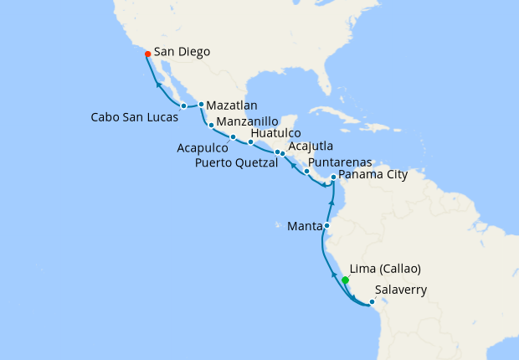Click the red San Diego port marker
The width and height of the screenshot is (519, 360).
tap(147, 54)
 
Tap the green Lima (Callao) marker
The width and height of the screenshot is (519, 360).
tap(345, 280)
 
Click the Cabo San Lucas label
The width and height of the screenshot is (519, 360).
tap(134, 117)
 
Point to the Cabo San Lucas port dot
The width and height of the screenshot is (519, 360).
tap(183, 105)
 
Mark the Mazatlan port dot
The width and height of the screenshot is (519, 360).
tap(202, 104)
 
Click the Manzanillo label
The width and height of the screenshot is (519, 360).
tap(248, 121)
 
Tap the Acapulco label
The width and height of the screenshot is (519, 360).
tap(202, 146)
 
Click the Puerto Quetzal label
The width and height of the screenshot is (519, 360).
tap(237, 163)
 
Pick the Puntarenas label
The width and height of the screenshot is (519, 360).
tap(340, 162)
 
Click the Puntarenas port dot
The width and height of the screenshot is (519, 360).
tap(307, 172)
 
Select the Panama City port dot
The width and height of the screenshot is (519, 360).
tap(333, 177)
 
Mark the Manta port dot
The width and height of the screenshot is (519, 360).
tap(327, 225)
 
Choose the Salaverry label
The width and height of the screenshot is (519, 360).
tap(402, 291)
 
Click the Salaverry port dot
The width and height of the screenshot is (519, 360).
tap(372, 301)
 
